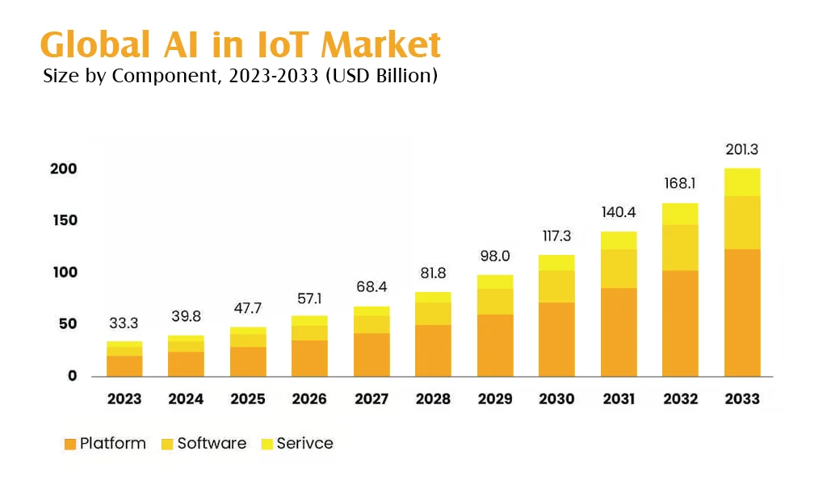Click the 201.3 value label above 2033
point(742,149)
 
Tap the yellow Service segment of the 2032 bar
point(680,214)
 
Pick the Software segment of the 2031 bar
point(619,269)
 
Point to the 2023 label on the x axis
point(124,399)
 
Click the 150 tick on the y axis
point(65,220)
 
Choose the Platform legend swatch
point(69,444)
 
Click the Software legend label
point(212,443)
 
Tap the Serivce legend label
point(304,443)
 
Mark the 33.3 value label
point(124,323)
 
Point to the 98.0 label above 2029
point(495,257)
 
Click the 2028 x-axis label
point(433,399)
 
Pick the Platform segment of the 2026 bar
point(309,358)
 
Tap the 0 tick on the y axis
point(72,375)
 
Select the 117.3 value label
point(556,237)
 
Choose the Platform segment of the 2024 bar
point(186,364)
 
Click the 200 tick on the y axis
point(65,169)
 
